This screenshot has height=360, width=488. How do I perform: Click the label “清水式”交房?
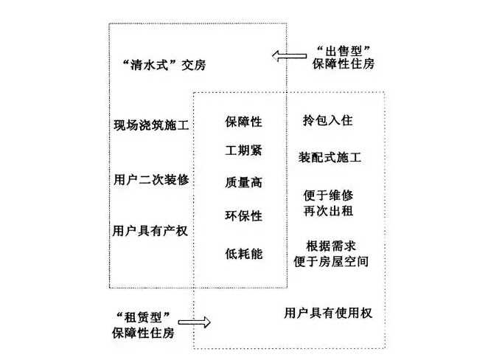(x=164, y=65)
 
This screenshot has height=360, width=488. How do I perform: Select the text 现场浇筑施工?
(x=151, y=125)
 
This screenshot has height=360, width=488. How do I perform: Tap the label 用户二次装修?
(x=151, y=180)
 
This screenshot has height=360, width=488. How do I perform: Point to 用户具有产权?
(x=150, y=231)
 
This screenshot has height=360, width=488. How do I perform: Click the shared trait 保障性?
(x=244, y=122)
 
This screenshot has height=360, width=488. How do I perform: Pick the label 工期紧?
(x=244, y=150)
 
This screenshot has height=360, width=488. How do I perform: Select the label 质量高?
(x=244, y=182)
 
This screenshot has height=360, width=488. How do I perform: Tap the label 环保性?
(x=244, y=215)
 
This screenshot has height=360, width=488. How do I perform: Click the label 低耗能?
(x=244, y=254)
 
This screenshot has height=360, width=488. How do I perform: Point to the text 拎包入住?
(x=328, y=120)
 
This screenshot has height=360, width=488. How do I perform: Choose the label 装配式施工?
(x=330, y=157)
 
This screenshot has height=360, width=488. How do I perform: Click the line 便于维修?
(x=328, y=195)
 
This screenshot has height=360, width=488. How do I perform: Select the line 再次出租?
(x=328, y=211)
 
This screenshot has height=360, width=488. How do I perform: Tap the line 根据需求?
(x=331, y=246)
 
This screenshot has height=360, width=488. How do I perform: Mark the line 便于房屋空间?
(x=331, y=261)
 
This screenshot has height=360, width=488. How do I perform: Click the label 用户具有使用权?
(x=328, y=313)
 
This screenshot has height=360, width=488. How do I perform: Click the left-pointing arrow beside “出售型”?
(x=290, y=56)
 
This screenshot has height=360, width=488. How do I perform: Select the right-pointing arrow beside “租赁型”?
(x=194, y=322)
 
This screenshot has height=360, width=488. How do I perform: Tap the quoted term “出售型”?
(x=343, y=50)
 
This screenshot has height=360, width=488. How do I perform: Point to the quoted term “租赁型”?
(x=143, y=317)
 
